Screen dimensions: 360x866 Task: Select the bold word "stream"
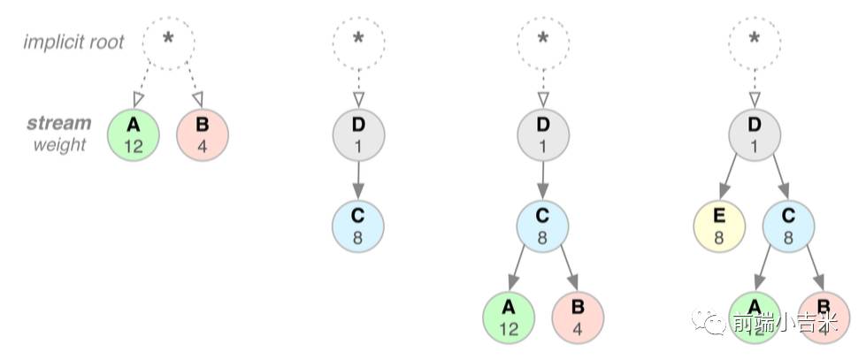pyautogui.click(x=59, y=124)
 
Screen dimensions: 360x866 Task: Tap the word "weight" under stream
pyautogui.click(x=60, y=143)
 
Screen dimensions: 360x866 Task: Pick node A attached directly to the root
pyautogui.click(x=134, y=134)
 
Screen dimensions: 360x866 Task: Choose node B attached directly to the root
pyautogui.click(x=203, y=134)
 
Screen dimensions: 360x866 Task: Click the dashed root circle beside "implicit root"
pyautogui.click(x=168, y=41)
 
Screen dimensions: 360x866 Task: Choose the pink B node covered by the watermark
pyautogui.click(x=824, y=317)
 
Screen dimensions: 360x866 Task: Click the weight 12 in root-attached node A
pyautogui.click(x=134, y=145)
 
